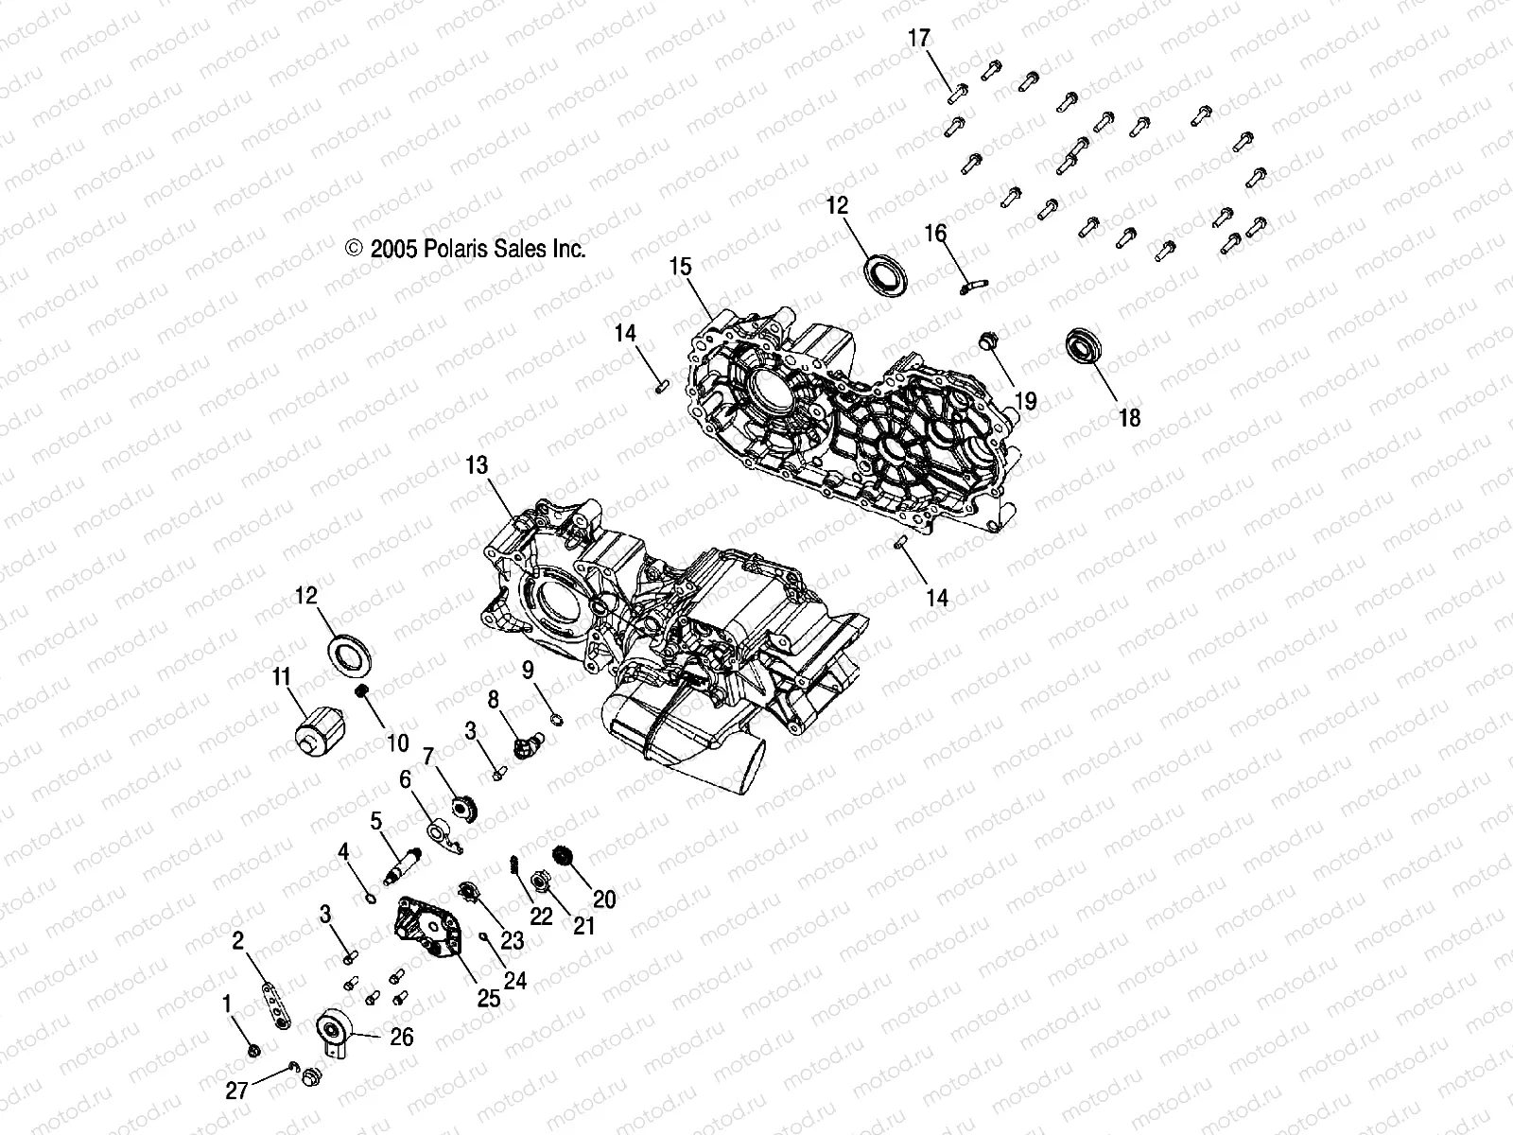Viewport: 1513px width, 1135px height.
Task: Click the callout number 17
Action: (919, 39)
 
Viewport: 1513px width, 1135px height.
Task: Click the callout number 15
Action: (681, 267)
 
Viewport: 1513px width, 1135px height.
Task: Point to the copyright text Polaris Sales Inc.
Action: (466, 249)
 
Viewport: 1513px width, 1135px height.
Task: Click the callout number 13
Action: (477, 465)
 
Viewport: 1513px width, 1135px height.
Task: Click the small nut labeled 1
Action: (252, 1050)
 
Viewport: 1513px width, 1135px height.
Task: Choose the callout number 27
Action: (236, 1091)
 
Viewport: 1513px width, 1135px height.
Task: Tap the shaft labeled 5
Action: (402, 862)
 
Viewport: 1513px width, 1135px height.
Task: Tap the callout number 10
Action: (398, 743)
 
